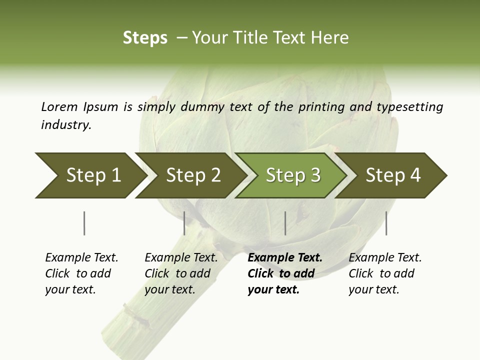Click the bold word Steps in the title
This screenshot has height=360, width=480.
click(x=145, y=38)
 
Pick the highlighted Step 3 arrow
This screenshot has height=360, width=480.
click(x=293, y=175)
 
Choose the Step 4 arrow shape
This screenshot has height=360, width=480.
click(x=393, y=175)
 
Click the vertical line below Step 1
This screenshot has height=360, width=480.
click(x=84, y=223)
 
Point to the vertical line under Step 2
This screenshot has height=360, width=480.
click(x=184, y=223)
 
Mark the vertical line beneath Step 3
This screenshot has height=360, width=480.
click(x=285, y=223)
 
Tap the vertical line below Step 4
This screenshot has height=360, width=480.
click(x=386, y=223)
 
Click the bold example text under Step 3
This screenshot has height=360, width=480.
click(x=282, y=273)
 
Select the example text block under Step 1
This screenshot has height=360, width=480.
click(x=81, y=273)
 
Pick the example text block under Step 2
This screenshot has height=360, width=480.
click(x=180, y=273)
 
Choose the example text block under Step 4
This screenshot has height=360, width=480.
click(x=384, y=273)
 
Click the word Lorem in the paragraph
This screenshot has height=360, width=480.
click(x=59, y=106)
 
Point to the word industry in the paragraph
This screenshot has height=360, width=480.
click(x=65, y=125)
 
